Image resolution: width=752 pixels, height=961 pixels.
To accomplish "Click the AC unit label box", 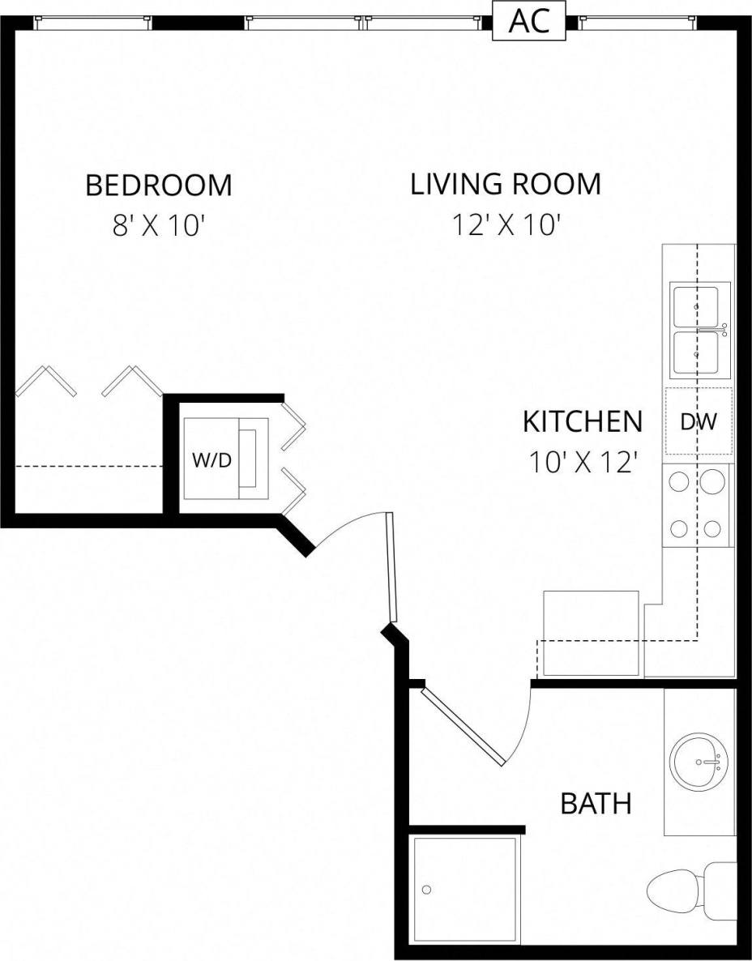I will click(x=535, y=21).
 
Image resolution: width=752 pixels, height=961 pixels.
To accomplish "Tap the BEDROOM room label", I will click(x=159, y=186).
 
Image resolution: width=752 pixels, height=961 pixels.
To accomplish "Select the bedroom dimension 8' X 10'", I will click(x=156, y=226).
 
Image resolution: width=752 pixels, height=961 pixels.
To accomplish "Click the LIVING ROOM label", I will click(x=506, y=185).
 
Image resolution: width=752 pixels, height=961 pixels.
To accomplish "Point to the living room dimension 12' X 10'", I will click(x=506, y=225).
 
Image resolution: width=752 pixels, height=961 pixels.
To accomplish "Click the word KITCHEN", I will click(x=582, y=422).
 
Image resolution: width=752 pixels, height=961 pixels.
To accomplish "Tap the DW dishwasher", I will click(x=698, y=421).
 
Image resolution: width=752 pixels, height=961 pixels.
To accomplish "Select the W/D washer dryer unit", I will click(x=212, y=459).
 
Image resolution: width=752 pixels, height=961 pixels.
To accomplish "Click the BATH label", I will click(x=596, y=805).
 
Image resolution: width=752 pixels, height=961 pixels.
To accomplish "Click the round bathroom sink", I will click(x=699, y=762).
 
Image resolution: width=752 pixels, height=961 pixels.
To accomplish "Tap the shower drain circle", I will click(x=426, y=890).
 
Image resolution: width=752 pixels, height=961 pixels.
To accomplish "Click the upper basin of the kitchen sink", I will click(x=699, y=305).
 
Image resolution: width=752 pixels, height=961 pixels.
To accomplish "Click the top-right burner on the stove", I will click(x=712, y=482).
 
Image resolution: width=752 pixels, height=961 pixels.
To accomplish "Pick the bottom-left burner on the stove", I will click(x=679, y=530).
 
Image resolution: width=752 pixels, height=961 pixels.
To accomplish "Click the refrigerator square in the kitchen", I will click(x=591, y=633).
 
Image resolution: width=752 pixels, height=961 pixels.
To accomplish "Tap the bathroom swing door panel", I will click(x=464, y=726).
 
